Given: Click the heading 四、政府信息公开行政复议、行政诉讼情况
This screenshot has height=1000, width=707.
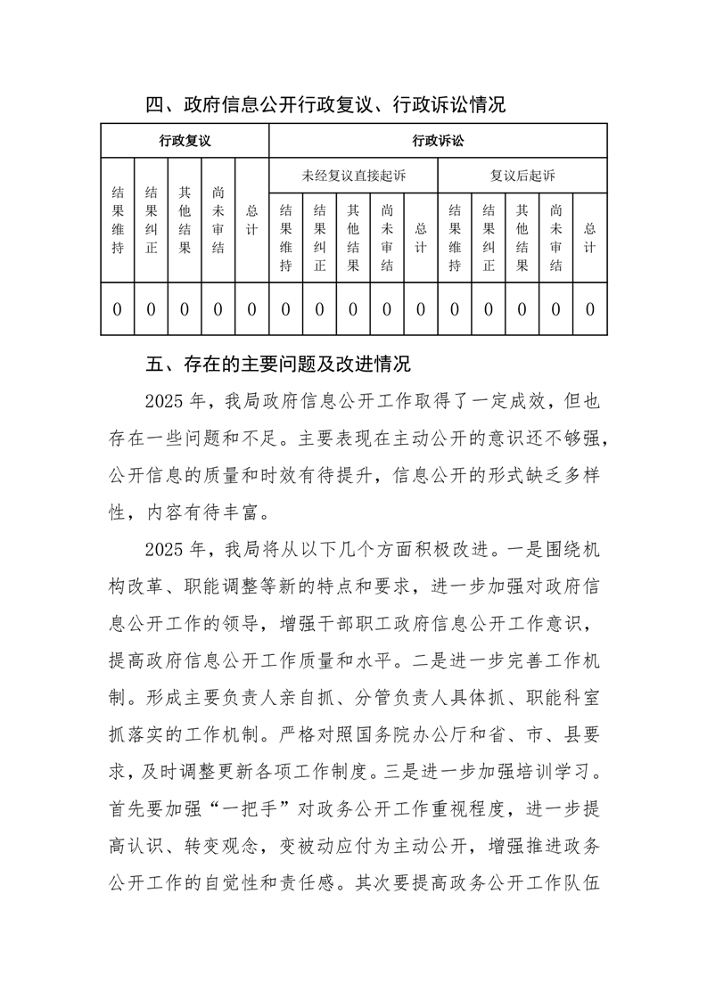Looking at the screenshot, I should (x=325, y=105).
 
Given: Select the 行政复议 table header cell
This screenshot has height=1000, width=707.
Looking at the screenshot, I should (x=185, y=141).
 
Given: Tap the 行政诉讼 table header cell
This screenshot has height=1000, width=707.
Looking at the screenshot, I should (x=438, y=141).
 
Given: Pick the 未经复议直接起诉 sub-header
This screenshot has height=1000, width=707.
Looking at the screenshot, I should (x=353, y=175).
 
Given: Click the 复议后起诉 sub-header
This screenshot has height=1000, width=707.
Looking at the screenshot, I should (x=522, y=175).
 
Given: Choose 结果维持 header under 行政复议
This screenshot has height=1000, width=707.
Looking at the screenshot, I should (x=118, y=220).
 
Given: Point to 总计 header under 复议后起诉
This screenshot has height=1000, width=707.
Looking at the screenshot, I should (x=589, y=237).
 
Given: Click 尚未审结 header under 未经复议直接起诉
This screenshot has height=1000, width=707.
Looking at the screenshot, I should (x=387, y=237).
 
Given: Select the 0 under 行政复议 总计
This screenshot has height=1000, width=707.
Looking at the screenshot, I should (x=252, y=309).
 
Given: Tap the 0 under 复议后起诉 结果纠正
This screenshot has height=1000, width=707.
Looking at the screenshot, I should (x=489, y=309).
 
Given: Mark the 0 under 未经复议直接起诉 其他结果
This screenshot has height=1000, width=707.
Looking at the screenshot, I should (x=353, y=309).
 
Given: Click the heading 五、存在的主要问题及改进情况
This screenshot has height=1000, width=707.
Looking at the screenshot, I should (x=278, y=365).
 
